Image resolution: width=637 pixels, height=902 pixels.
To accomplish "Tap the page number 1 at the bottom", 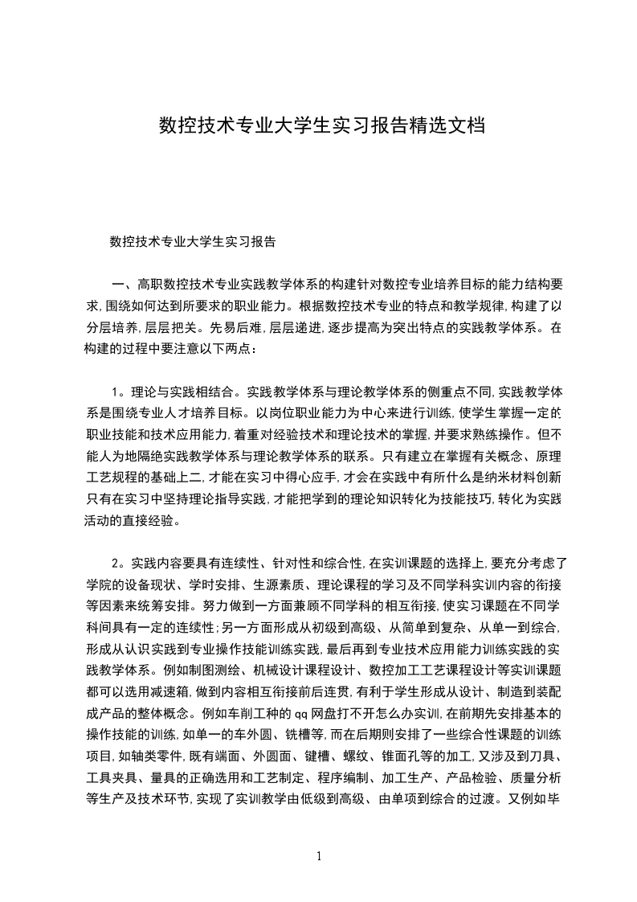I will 319,857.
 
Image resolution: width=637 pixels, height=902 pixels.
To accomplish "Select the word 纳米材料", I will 491,477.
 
